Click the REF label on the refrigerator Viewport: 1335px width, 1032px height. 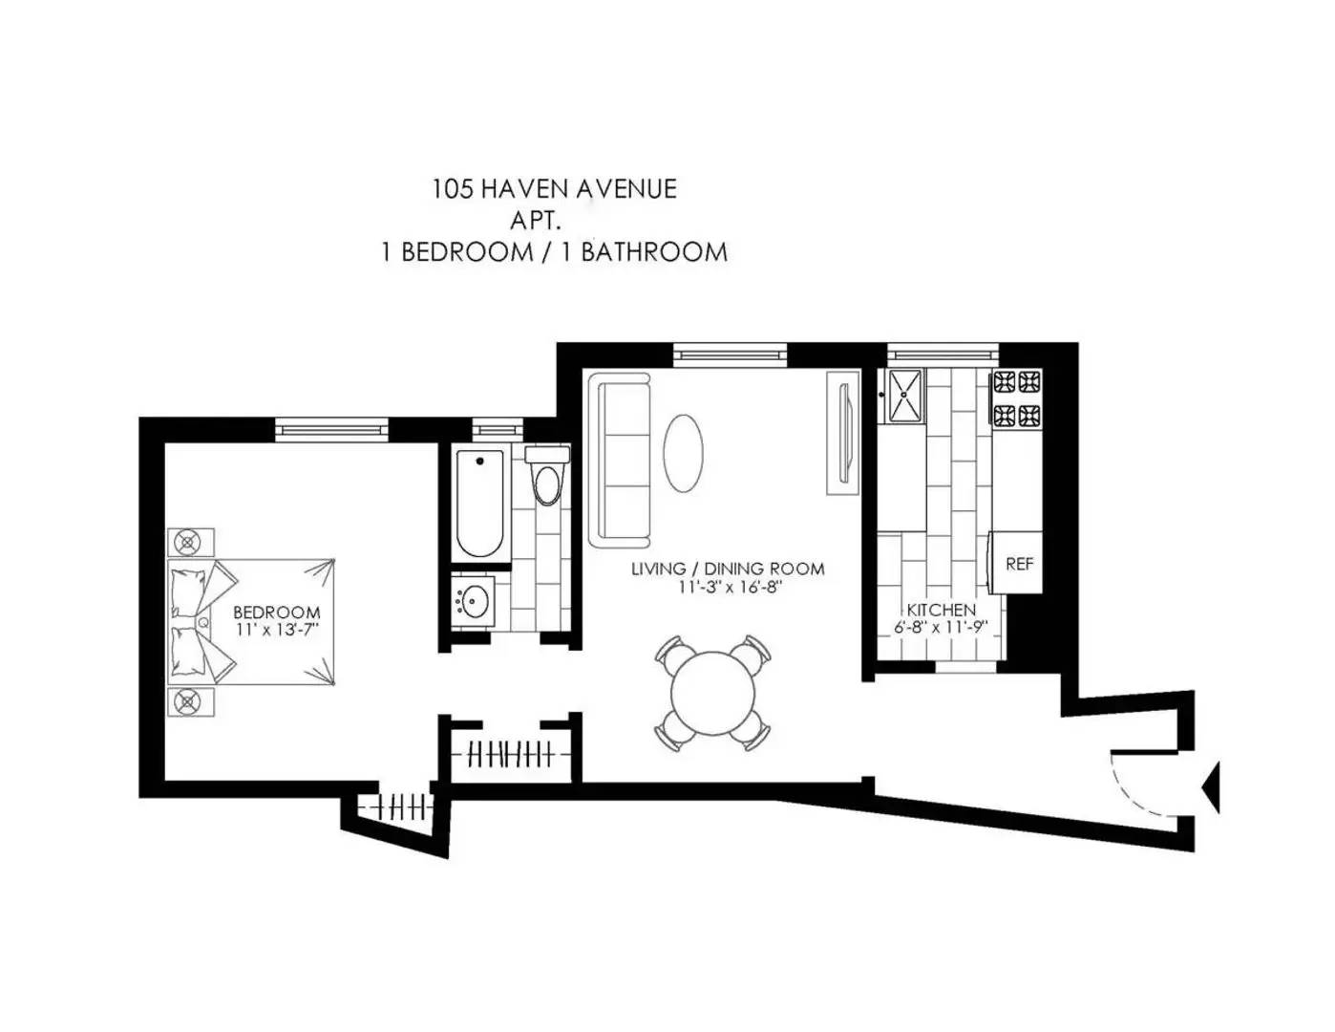pos(1019,564)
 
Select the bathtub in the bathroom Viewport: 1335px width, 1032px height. pos(479,504)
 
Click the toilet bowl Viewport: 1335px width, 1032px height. pos(547,484)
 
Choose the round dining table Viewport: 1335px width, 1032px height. pos(712,694)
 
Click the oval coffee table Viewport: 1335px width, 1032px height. pos(683,453)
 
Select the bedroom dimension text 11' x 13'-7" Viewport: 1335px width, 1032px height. pos(278,630)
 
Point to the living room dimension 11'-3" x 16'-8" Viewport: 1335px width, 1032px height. pos(729,587)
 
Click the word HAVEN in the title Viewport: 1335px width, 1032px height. pos(525,188)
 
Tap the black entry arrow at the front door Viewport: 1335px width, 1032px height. pos(1211,786)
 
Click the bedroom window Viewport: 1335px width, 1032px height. pos(331,429)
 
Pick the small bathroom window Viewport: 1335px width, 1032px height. pos(497,429)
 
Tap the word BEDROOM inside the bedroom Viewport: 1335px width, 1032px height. pos(277,613)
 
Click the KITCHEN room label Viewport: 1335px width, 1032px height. pos(942,610)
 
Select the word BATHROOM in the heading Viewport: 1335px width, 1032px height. pos(654,252)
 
